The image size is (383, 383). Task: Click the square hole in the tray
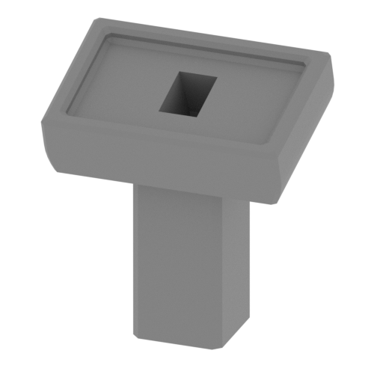pos(186,94)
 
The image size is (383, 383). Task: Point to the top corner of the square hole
pos(180,73)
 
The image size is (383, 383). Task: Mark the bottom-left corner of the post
pos(136,337)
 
